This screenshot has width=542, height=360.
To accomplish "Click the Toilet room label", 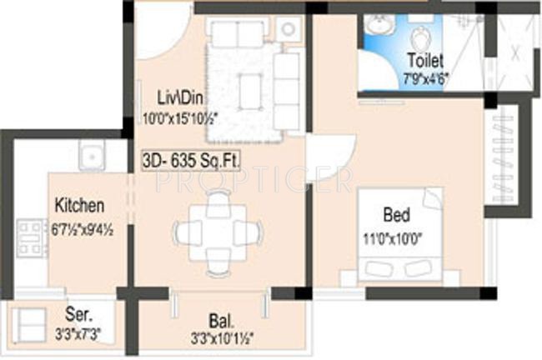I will point(424,60).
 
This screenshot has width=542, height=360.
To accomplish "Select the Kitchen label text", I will point(79,205).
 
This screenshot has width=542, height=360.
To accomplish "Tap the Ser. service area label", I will point(78,316).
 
